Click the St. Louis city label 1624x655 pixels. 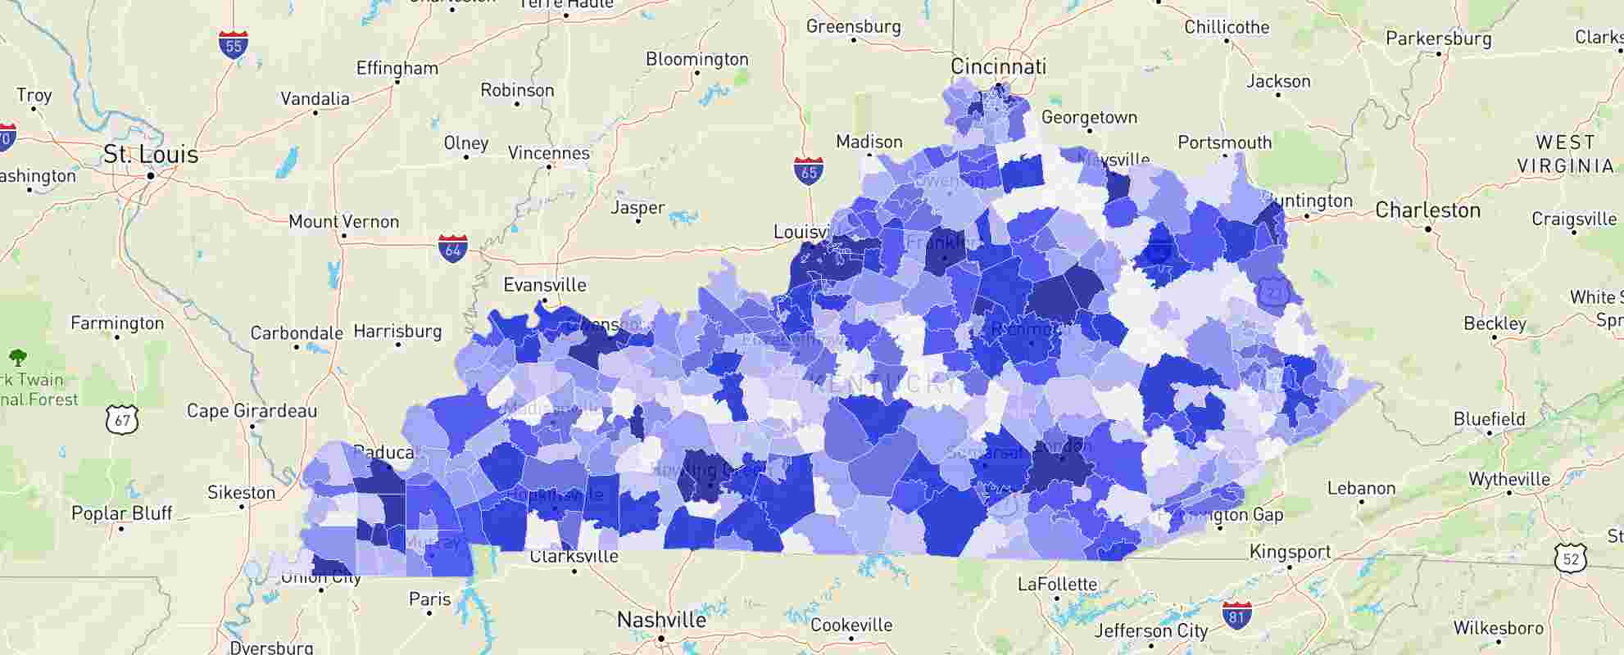click(x=151, y=154)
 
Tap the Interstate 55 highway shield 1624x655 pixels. click(x=234, y=45)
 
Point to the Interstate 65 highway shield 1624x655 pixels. click(x=809, y=171)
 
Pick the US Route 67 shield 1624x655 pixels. click(x=122, y=420)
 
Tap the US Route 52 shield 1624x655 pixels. click(x=1570, y=558)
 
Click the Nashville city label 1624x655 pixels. click(x=661, y=620)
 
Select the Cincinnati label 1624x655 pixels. click(x=998, y=66)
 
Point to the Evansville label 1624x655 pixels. click(x=545, y=285)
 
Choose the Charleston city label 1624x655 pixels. click(x=1427, y=210)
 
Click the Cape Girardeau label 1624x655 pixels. click(x=252, y=410)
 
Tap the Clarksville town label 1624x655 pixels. click(x=574, y=557)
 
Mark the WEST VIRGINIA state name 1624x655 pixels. click(x=1564, y=154)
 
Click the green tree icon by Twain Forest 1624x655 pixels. click(x=18, y=357)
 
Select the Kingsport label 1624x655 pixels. click(x=1290, y=552)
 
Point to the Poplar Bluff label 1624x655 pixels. click(x=122, y=513)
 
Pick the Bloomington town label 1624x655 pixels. click(x=696, y=59)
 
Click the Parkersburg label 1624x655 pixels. click(x=1438, y=38)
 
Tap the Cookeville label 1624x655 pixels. click(x=851, y=626)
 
